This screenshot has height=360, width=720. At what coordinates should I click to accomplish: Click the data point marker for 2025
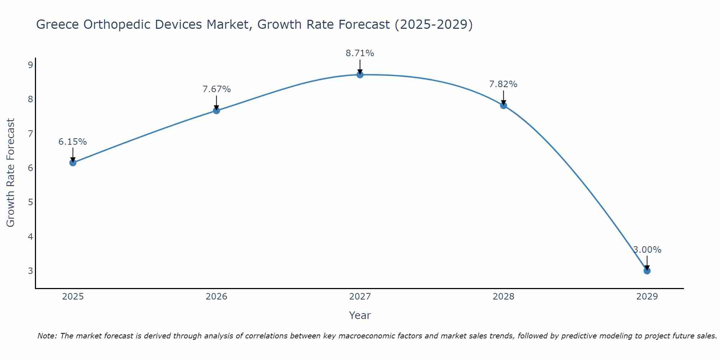73,162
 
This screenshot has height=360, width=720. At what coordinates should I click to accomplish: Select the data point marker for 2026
216,111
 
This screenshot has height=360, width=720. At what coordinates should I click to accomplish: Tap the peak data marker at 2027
360,75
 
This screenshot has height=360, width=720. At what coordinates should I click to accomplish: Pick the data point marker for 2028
503,105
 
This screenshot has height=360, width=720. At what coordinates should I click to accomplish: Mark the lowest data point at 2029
647,271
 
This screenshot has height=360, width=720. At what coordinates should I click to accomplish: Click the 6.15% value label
73,142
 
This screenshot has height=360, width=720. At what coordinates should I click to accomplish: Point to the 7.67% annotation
216,89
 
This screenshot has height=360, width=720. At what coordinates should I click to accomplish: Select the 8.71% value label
360,53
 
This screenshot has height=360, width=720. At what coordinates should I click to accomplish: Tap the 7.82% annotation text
503,84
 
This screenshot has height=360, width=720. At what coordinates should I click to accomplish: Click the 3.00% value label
647,250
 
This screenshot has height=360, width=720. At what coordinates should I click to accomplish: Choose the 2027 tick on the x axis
360,297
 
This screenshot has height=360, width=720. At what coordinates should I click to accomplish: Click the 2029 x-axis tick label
647,297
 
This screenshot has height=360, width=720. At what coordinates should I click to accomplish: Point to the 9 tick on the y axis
30,65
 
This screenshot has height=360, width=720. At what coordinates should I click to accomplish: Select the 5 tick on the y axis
30,202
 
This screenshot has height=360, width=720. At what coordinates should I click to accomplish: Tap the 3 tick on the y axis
30,271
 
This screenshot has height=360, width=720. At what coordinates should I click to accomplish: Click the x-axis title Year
360,315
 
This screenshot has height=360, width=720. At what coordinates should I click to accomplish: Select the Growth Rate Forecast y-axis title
11,173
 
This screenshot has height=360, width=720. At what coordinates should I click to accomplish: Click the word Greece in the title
58,24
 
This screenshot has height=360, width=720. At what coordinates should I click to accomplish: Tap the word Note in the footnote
47,336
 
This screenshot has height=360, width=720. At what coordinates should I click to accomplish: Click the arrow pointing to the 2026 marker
216,102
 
